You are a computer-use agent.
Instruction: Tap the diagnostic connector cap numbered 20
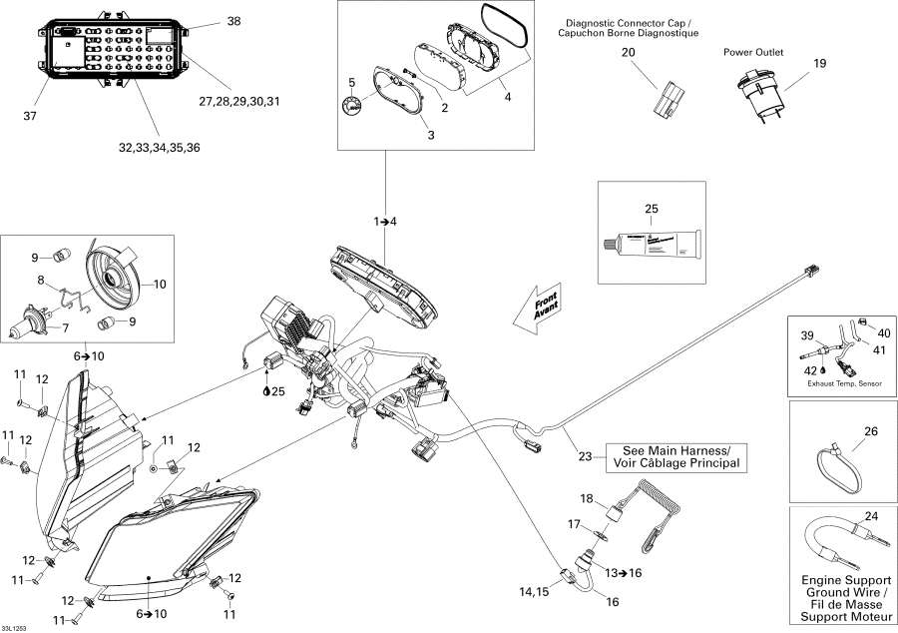coord(668,97)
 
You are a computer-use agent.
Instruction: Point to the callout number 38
coord(234,21)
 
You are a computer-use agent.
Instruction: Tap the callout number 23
coord(585,457)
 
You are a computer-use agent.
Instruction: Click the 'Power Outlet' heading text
coord(753,52)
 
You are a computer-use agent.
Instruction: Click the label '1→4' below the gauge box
coord(385,221)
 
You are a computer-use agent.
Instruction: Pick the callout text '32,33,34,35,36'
coord(159,148)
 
